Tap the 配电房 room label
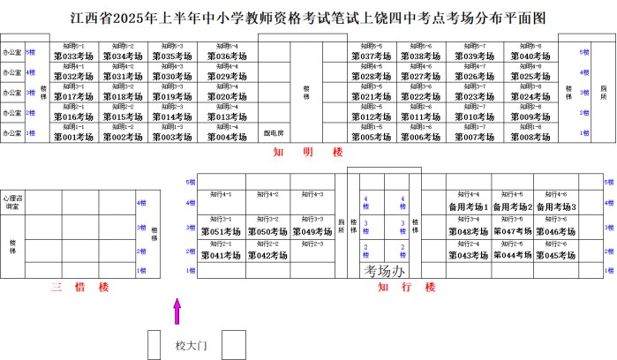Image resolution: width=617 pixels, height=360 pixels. tap(274, 134)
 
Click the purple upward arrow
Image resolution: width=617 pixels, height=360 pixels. tap(177, 311)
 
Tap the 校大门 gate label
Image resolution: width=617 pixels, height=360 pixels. tap(190, 345)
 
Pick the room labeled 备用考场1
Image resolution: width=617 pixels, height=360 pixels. tap(469, 206)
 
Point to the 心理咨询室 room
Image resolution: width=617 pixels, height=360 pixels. tap(13, 202)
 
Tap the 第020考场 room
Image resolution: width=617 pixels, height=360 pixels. tap(226, 97)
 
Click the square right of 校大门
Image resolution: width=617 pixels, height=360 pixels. tap(233, 344)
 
